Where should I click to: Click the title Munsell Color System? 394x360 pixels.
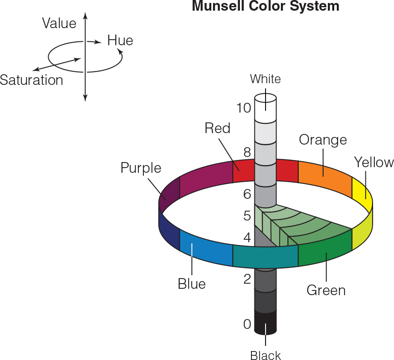(x=266, y=6)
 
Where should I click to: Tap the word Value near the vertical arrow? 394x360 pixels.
(x=59, y=23)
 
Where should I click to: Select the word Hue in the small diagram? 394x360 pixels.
(x=120, y=41)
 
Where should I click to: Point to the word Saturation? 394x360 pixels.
(x=32, y=80)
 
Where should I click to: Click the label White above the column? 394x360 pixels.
(x=266, y=79)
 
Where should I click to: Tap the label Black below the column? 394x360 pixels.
(x=266, y=355)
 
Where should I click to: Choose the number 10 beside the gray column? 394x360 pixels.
(x=243, y=108)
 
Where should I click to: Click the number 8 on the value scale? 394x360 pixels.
(x=247, y=152)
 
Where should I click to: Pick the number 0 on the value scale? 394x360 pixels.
(x=247, y=324)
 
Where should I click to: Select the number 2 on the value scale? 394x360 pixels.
(x=247, y=279)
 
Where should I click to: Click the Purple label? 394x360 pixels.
(x=141, y=168)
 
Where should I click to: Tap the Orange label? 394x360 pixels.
(x=323, y=140)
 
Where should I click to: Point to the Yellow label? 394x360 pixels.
(x=374, y=163)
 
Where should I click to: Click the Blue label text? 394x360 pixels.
(x=192, y=284)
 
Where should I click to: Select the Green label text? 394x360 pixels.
(x=326, y=290)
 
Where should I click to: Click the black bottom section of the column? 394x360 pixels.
(x=266, y=322)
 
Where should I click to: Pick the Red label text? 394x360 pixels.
(x=217, y=128)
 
